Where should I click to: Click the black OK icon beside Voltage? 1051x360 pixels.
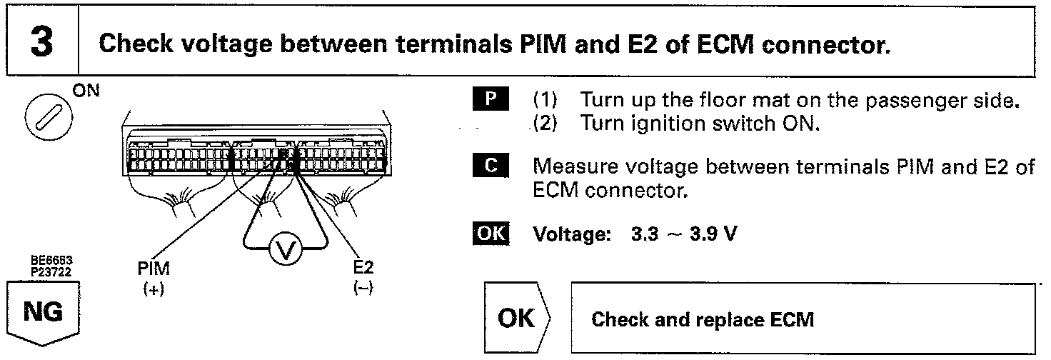pos(489,234)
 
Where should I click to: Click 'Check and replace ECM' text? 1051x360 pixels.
pos(703,319)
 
